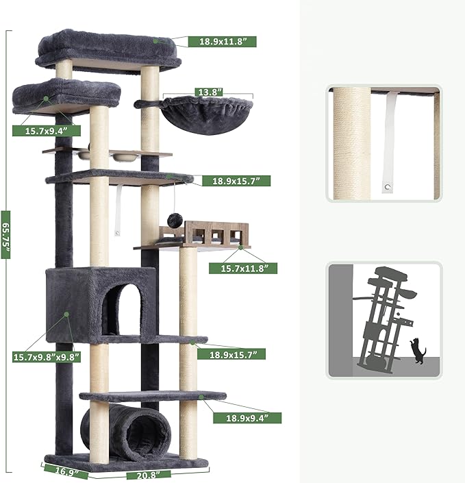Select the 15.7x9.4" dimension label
click(x=42, y=130)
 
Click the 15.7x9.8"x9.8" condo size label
click(x=46, y=356)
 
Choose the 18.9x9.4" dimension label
click(x=244, y=417)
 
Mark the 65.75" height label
click(x=6, y=240)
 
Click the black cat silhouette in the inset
click(x=417, y=351)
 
